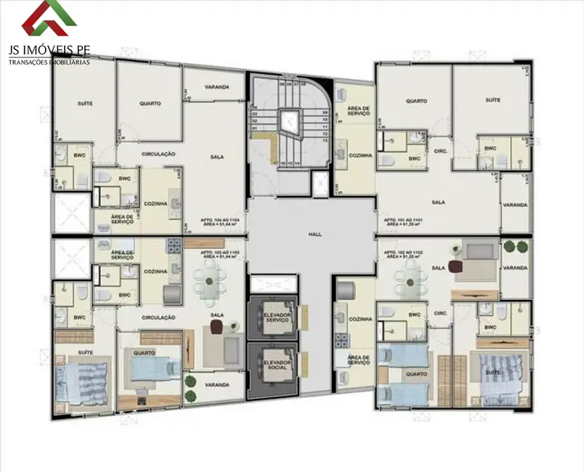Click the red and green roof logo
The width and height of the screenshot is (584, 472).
[49, 19]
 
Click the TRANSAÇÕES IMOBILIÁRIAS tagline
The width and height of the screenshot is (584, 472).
[49, 62]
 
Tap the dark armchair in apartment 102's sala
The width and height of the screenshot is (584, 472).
[458, 266]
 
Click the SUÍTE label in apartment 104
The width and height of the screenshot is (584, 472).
[85, 104]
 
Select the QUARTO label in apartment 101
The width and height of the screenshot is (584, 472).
[416, 101]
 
